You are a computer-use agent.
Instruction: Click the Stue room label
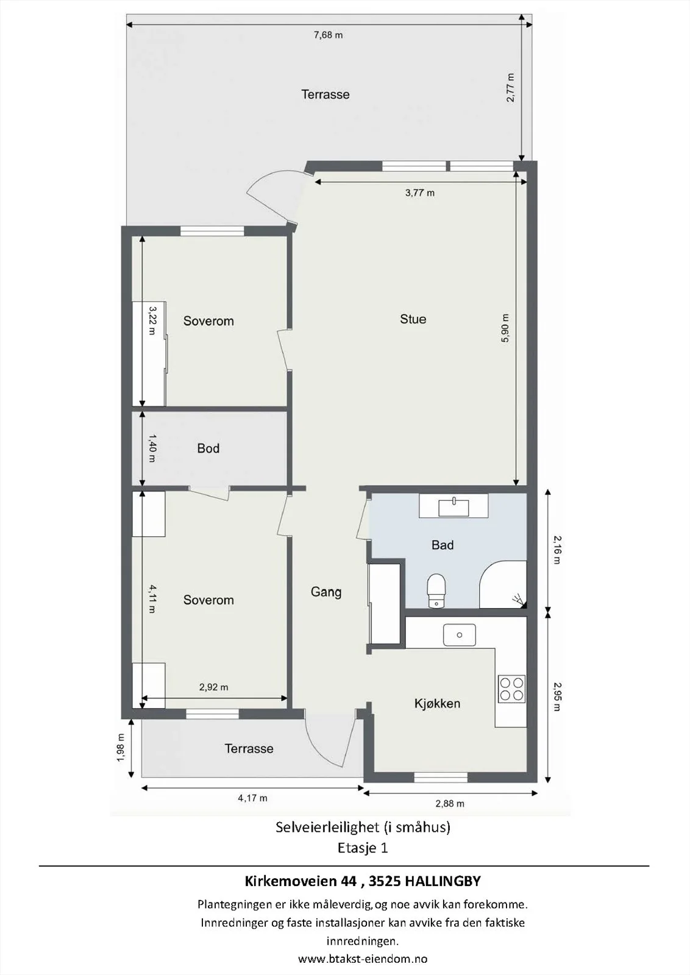[x=413, y=319]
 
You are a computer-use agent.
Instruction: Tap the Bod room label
[x=208, y=448]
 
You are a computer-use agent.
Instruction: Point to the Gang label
[x=326, y=592]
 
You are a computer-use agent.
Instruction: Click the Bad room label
[x=443, y=545]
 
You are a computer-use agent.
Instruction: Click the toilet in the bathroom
[x=436, y=590]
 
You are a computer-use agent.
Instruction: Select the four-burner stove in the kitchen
[x=511, y=689]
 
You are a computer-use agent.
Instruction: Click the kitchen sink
[x=459, y=634]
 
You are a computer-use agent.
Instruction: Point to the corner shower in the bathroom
[x=503, y=584]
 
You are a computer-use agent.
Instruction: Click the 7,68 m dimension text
[x=329, y=35]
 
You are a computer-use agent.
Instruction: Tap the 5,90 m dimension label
[x=505, y=328]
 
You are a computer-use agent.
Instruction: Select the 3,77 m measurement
[x=419, y=193]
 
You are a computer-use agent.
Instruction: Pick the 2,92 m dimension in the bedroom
[x=213, y=687]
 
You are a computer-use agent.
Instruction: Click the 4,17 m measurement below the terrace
[x=252, y=798]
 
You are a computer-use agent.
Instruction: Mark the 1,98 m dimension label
[x=121, y=748]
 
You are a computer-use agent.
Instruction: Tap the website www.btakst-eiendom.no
[x=363, y=958]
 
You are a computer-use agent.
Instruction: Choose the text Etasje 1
[x=363, y=848]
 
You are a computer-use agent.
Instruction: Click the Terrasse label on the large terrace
[x=325, y=94]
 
